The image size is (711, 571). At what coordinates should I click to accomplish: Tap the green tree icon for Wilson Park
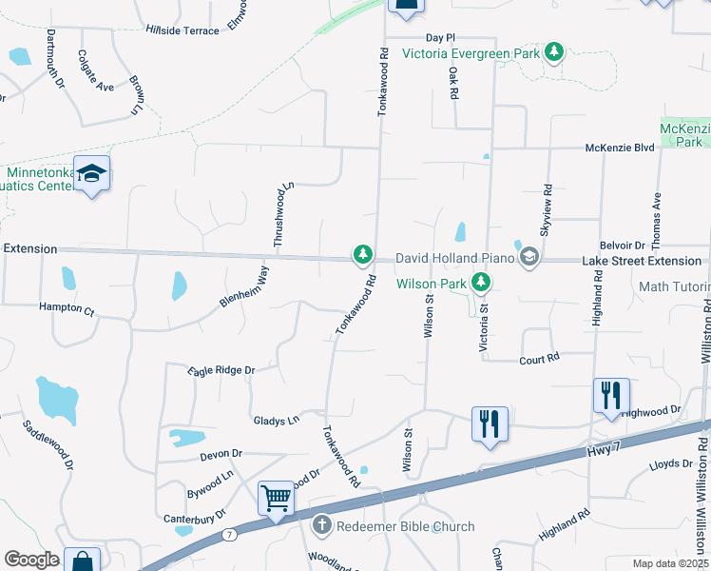[482, 282]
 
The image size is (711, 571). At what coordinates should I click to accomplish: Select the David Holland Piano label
[453, 257]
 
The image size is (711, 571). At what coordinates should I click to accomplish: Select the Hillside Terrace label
[183, 30]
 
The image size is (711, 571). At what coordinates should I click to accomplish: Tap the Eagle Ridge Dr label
[221, 370]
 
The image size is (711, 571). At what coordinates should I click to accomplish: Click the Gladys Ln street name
[276, 420]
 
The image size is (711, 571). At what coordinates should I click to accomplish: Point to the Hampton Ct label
[67, 309]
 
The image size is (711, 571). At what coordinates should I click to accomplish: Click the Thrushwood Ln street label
[280, 215]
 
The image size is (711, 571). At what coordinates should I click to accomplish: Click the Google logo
[31, 560]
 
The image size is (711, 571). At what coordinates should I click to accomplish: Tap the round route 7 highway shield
[229, 534]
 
